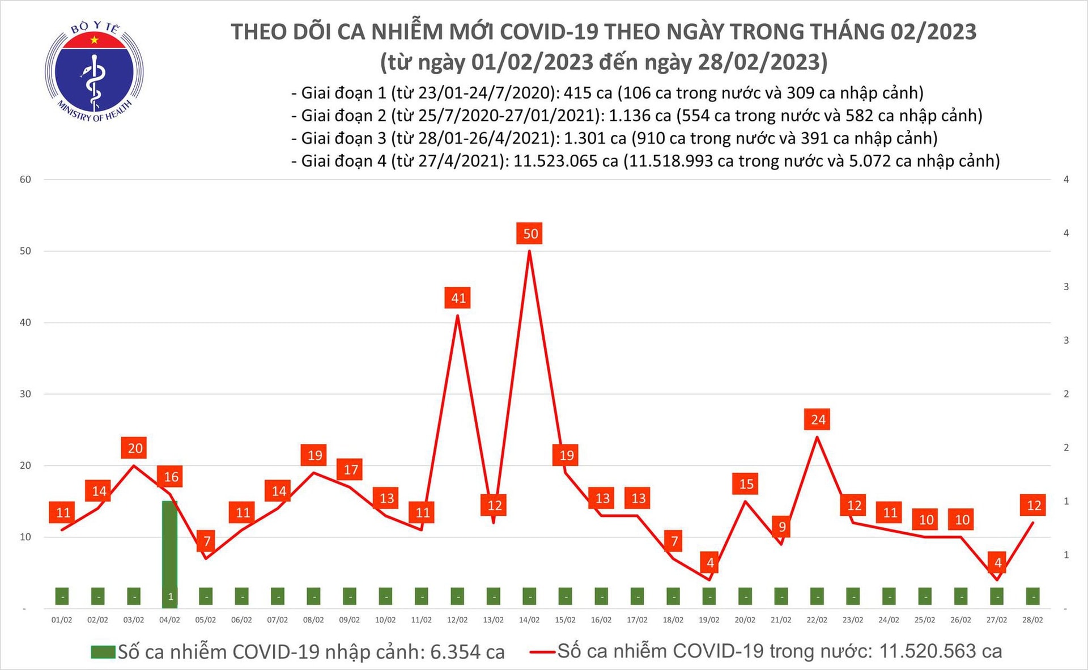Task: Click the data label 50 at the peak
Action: coord(530,234)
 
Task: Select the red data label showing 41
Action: coord(458,298)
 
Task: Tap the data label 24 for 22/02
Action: coord(818,419)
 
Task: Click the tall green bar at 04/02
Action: coord(169,544)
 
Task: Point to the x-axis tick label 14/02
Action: coord(529,620)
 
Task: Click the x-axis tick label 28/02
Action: coord(1032,620)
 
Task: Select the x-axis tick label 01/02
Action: coord(62,620)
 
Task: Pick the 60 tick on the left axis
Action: coord(25,180)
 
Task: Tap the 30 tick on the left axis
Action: coord(25,394)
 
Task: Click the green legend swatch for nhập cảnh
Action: coord(103,652)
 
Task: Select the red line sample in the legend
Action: coord(542,652)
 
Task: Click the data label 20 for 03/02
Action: coord(134,448)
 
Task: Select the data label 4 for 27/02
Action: coord(997,562)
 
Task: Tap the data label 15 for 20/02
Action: coord(746,484)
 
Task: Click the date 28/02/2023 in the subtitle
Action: coord(762,62)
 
